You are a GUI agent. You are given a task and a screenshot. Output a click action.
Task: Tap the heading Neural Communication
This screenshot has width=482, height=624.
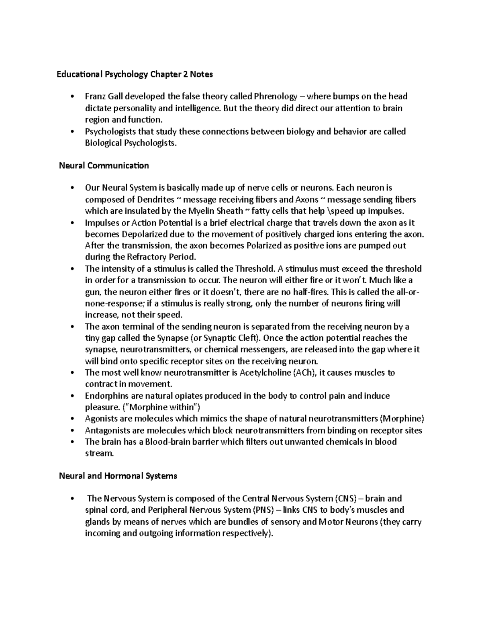[x=104, y=166]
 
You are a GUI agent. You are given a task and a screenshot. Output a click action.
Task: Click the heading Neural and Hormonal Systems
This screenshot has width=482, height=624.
[x=118, y=476]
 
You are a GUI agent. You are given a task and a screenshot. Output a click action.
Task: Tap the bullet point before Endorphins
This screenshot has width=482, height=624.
[x=72, y=396]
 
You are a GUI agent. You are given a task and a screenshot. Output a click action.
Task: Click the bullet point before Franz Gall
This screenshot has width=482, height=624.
[x=72, y=96]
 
